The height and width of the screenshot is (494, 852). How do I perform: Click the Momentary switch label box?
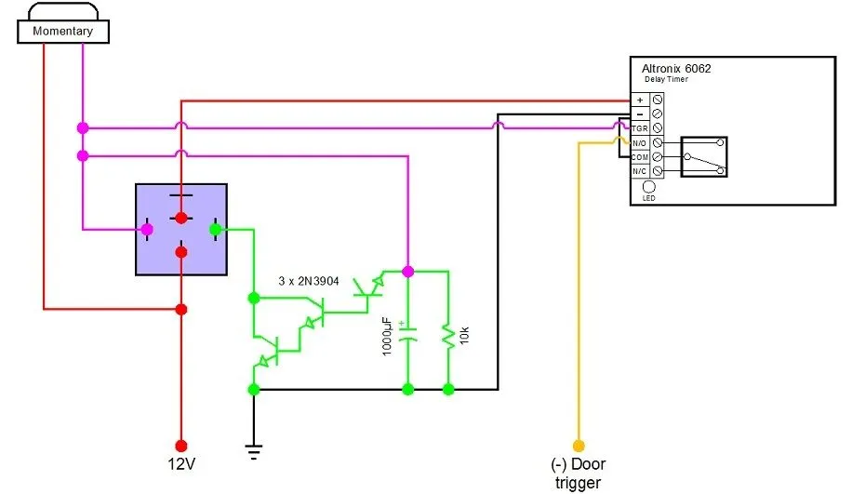63,31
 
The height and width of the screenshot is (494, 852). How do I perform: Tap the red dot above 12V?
182,446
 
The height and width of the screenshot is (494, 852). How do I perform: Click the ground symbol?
253,452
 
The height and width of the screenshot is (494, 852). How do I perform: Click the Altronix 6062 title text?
676,68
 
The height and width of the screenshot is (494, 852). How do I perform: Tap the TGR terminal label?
640,127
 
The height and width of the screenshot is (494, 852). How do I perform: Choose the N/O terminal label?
640,143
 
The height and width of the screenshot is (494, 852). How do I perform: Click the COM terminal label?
640,157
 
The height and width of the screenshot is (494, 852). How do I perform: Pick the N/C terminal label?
640,172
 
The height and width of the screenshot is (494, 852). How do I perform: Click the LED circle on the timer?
648,186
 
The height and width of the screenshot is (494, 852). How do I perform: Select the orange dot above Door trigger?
579,446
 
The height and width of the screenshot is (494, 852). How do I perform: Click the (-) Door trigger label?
579,473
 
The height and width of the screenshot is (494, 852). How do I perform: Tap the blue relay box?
181,229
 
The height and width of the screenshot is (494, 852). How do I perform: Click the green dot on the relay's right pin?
216,229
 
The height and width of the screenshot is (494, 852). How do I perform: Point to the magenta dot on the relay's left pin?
147,229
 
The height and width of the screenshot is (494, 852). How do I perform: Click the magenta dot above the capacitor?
406,271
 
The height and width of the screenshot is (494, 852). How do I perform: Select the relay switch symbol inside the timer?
703,157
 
